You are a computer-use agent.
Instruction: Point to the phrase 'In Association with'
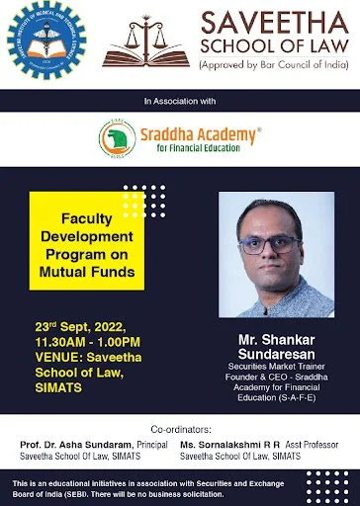pyautogui.click(x=180, y=101)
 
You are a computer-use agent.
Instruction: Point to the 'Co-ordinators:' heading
pyautogui.click(x=180, y=431)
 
